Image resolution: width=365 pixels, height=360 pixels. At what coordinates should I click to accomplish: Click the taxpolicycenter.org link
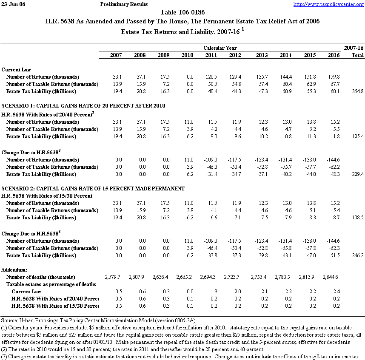pos(328,4)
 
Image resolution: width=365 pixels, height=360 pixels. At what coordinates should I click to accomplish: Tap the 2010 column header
pos(187,55)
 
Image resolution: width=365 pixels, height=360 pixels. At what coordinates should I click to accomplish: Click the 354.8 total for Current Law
pos(356,91)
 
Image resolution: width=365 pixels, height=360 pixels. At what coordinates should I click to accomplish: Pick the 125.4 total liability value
pos(356,136)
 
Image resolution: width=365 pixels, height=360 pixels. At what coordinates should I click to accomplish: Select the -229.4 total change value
pos(356,174)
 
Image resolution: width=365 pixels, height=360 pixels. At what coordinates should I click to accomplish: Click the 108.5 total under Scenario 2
pos(356,218)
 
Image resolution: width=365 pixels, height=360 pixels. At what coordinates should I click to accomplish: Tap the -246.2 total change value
pos(356,255)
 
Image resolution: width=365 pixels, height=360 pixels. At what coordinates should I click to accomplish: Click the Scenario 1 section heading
pos(83,105)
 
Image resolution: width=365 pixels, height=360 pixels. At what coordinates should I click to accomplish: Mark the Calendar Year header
pos(220,48)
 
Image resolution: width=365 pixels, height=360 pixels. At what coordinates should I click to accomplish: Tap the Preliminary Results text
pos(124,4)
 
